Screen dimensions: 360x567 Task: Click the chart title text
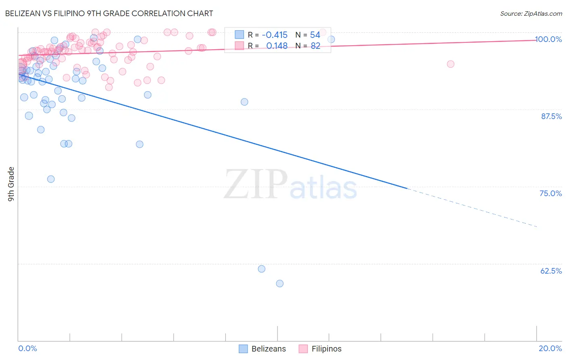[109, 13]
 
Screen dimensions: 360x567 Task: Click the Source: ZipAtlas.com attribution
[531, 13]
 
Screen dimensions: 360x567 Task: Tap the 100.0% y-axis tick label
[548, 39]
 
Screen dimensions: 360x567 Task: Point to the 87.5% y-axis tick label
[551, 116]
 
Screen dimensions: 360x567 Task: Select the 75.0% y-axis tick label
[550, 193]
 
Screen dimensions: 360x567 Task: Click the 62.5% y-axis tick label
[551, 271]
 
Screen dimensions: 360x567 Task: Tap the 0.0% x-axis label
[27, 348]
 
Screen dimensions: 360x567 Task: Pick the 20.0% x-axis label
[550, 348]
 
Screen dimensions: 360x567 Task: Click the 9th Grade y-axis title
[11, 184]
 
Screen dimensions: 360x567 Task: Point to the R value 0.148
[277, 46]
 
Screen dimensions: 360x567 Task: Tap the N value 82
[315, 46]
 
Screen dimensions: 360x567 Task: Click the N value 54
[315, 35]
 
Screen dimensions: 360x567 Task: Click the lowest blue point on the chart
[279, 283]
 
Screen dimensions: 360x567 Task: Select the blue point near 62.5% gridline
[261, 269]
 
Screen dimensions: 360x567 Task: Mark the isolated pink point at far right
[450, 64]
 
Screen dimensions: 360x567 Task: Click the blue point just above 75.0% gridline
[51, 179]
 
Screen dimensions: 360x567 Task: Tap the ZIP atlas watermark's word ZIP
[256, 185]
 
